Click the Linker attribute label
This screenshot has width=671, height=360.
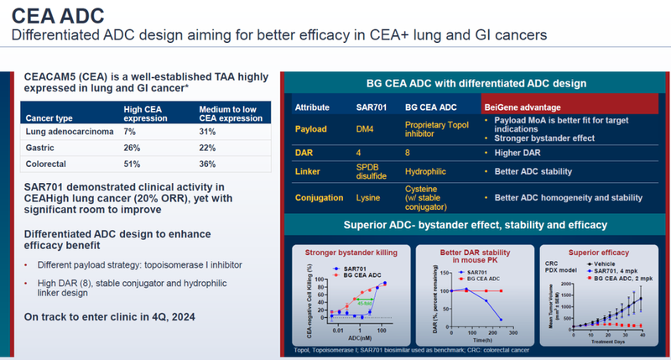click(x=309, y=172)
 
